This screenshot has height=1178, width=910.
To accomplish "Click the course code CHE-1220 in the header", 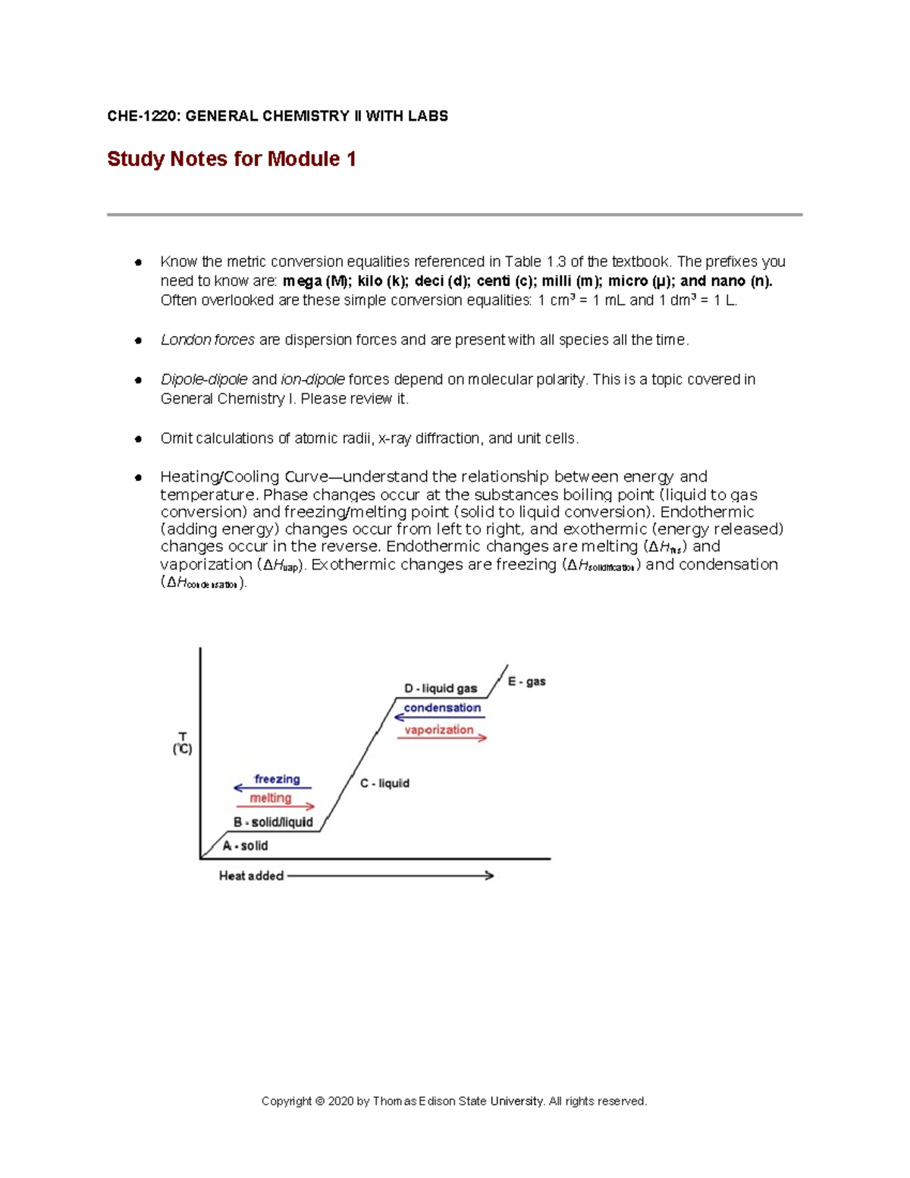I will point(142,116).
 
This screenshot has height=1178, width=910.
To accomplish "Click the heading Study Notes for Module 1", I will point(231,159).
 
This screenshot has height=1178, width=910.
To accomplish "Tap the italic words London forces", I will point(207,340).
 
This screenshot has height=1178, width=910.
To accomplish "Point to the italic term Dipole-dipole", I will point(203,379).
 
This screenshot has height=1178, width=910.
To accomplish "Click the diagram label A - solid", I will point(245,846).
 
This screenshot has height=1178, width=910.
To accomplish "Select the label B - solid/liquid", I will point(273,822).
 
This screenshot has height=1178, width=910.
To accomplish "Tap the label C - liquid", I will point(384,784).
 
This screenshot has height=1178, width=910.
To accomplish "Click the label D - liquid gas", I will point(441,689).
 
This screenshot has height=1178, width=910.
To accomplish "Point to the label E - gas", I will point(526,682).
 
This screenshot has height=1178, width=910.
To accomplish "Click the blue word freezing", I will point(277,779).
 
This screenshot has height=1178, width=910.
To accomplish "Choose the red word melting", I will point(271,798).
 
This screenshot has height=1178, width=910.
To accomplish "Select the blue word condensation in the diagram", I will point(442,708).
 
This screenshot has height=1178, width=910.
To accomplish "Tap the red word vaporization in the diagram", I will point(438,730).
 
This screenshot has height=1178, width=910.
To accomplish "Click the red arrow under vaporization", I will point(441,738).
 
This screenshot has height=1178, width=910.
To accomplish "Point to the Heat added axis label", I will point(251,876).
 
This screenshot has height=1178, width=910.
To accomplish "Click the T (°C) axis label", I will point(182,743).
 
